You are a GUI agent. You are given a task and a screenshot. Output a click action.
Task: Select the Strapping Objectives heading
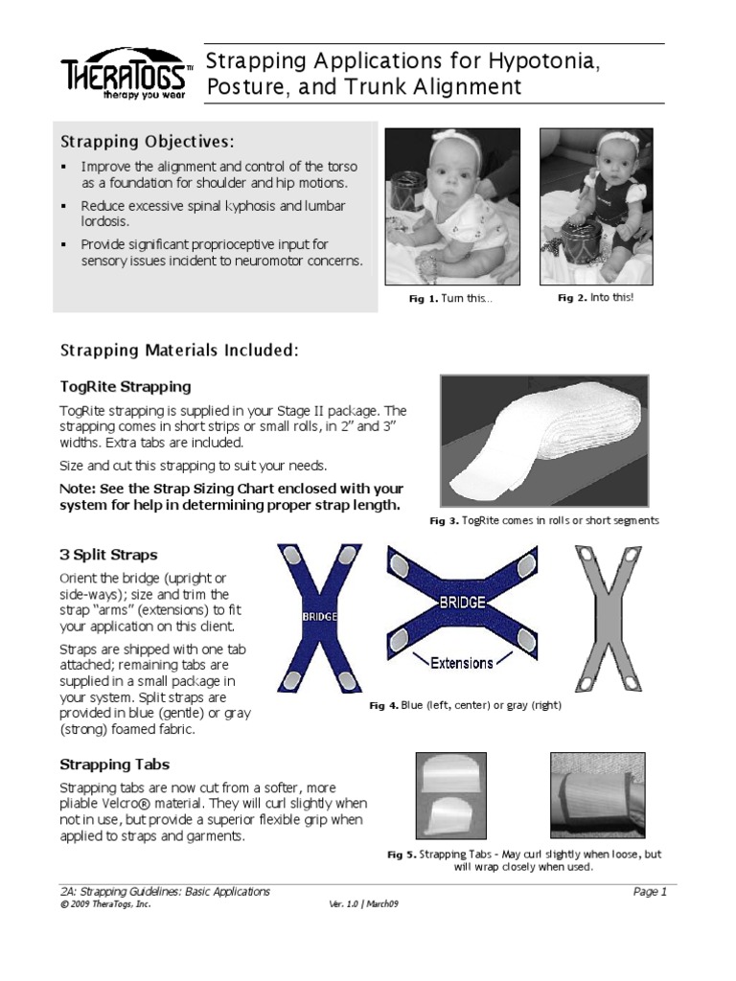(147, 142)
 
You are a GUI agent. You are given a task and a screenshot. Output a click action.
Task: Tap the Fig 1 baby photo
(452, 206)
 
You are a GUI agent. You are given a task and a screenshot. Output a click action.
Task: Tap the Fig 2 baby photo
(596, 206)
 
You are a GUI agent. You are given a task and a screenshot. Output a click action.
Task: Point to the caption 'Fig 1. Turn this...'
(450, 299)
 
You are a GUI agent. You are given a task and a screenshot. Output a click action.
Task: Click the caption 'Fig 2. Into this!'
(595, 298)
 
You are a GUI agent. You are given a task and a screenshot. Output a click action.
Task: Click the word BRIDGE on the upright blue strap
(319, 618)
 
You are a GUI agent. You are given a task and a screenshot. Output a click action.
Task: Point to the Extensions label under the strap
(461, 663)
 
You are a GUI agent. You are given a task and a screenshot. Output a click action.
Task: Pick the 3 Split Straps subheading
(108, 555)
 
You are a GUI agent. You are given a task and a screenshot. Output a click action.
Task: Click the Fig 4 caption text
(465, 705)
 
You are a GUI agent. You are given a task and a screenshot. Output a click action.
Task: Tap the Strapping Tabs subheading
(115, 764)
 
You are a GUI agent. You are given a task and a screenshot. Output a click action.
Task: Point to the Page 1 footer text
(649, 892)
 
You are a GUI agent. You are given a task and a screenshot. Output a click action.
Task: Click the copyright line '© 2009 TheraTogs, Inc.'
(105, 904)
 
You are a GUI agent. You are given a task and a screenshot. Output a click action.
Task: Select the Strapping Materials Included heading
(179, 351)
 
